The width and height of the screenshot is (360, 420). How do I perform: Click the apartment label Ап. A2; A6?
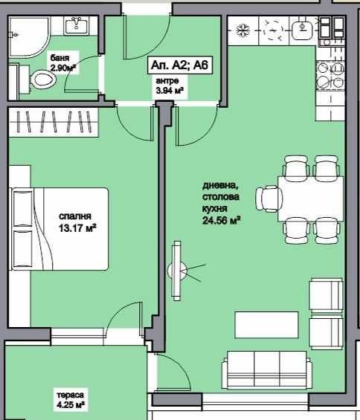(x=181, y=65)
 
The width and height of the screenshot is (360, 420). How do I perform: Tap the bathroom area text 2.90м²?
(x=64, y=68)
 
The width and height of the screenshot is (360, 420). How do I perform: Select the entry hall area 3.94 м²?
(x=170, y=91)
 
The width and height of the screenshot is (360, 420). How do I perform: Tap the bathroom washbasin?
(x=76, y=26)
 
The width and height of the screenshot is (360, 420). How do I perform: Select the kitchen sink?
(x=304, y=30)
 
